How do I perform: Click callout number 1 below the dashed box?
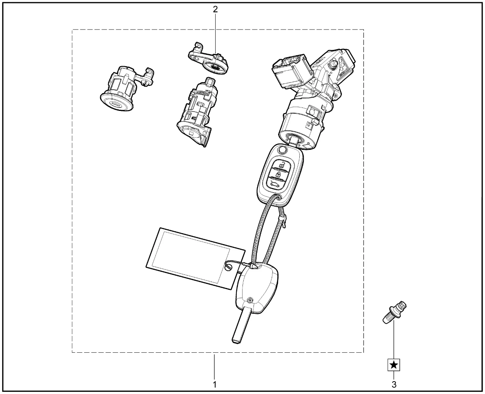point(215,385)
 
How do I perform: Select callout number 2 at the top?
point(215,9)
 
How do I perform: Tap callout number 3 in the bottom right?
point(394,385)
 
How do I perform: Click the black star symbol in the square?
point(394,365)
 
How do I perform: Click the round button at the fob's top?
point(282,151)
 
